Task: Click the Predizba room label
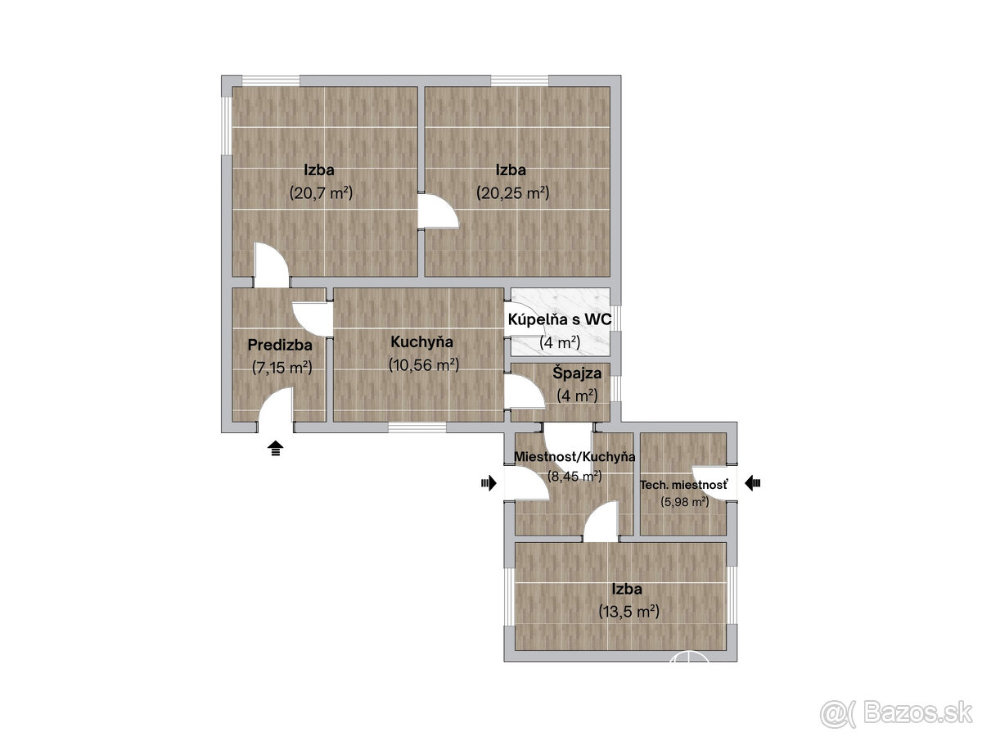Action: pos(280,345)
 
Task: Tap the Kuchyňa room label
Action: pos(422,342)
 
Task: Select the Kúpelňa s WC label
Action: pos(560,319)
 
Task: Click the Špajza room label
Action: pos(577,373)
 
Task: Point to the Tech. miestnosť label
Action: pos(684,485)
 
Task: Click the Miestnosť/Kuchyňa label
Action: pos(575,457)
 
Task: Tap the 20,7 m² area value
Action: pos(321,193)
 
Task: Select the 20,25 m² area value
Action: pos(513,193)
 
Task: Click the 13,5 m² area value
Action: pos(629,612)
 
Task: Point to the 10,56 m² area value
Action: pos(424,365)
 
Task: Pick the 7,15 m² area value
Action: pos(282,368)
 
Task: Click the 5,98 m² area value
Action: pos(684,502)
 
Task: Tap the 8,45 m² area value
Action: pos(574,476)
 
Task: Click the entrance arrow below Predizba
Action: pos(276,449)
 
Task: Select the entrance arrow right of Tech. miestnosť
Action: pos(753,483)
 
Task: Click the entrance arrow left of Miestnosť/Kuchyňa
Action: pos(489,483)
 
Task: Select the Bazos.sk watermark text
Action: pos(917,713)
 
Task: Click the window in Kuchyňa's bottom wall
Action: pos(417,427)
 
